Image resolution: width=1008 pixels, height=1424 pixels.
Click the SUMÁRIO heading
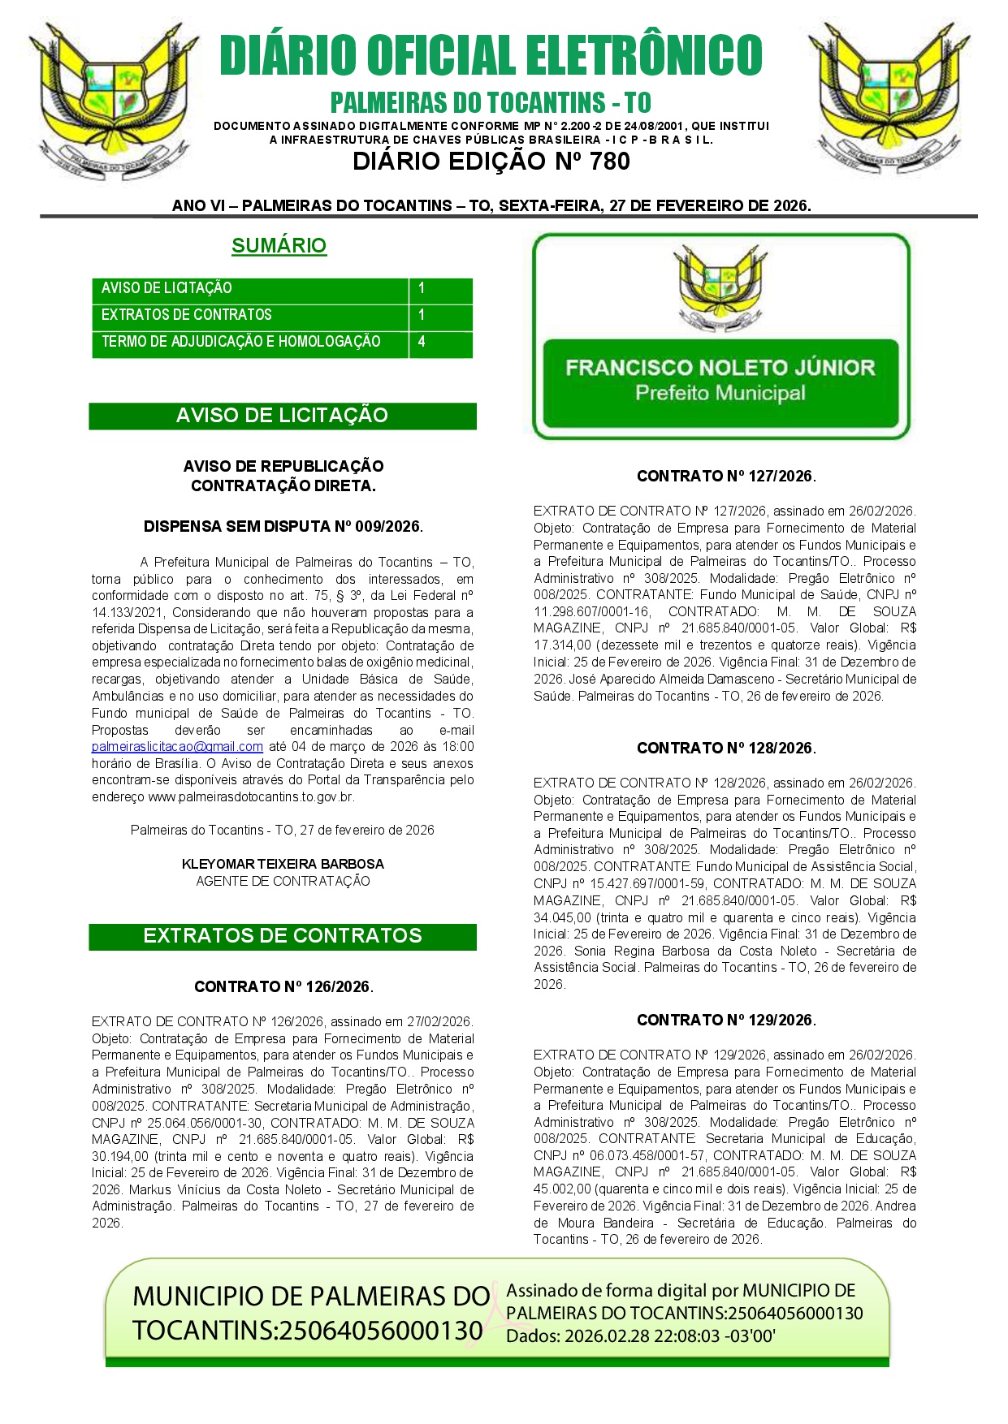pos(279,245)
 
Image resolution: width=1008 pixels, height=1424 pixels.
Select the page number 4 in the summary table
pos(422,342)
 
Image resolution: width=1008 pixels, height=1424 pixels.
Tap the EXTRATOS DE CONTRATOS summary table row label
pos(187,315)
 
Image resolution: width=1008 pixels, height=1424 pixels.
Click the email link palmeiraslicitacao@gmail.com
pos(177,747)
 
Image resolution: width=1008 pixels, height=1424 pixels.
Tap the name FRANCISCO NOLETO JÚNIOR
pos(720,368)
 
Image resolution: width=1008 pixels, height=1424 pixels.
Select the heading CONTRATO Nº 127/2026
pos(726,477)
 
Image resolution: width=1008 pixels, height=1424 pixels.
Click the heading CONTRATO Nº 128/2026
pos(726,749)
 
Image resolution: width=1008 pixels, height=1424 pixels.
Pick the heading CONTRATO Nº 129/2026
pos(726,1021)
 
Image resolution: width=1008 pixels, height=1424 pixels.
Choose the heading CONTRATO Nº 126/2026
pos(283,987)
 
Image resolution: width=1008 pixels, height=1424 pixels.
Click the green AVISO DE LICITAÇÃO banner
pos(282,416)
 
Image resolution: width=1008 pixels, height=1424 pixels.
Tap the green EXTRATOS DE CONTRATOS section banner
pos(282,936)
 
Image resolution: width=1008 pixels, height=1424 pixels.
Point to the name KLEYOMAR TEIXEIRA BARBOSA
pos(283,865)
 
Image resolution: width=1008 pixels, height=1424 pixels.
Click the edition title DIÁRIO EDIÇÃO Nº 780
pos(491,162)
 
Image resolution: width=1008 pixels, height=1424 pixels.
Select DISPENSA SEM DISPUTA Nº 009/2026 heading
pos(283,527)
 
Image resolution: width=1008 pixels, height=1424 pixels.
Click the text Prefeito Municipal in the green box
pos(720,394)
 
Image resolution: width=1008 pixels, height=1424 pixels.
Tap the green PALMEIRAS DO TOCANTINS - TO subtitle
pos(491,103)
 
